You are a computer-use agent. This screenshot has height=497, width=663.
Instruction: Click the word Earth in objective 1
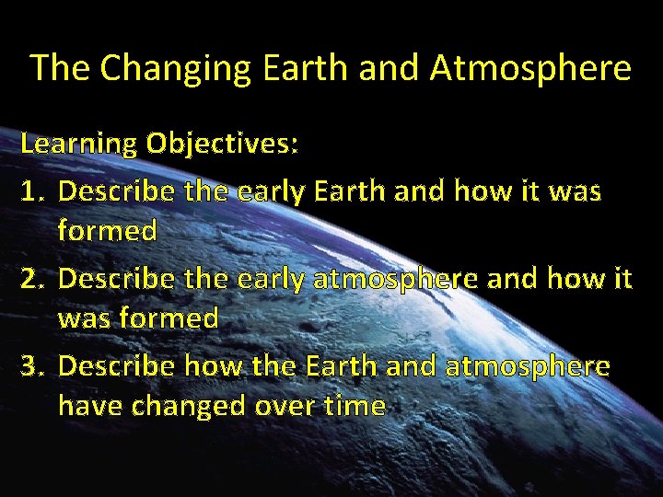click(351, 191)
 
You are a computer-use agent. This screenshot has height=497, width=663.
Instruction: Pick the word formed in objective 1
click(107, 230)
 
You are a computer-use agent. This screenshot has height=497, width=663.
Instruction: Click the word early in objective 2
click(272, 279)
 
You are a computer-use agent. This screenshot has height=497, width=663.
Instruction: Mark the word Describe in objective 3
click(116, 366)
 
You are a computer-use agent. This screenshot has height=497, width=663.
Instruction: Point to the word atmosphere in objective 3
click(528, 366)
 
